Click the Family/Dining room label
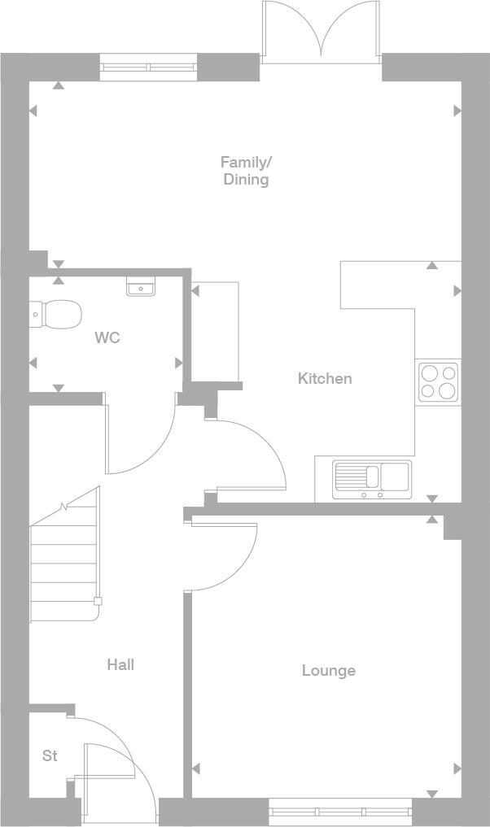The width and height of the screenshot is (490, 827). [x=246, y=171]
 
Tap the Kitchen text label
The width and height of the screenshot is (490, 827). [x=325, y=378]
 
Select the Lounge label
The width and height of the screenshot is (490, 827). [x=328, y=671]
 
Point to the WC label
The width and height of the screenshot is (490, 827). [x=107, y=337]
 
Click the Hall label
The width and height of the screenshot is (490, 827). [x=120, y=665]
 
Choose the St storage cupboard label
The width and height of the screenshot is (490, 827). [x=50, y=756]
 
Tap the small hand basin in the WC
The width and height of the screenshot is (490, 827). [x=142, y=286]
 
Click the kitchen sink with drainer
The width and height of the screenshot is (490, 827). [x=372, y=479]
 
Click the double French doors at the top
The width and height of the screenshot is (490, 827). [x=322, y=33]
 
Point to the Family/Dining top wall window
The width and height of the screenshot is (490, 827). [x=149, y=67]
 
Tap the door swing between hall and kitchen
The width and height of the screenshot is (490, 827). [x=248, y=455]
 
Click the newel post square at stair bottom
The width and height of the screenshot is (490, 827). [x=98, y=602]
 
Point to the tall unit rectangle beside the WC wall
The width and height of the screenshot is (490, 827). [x=215, y=332]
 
